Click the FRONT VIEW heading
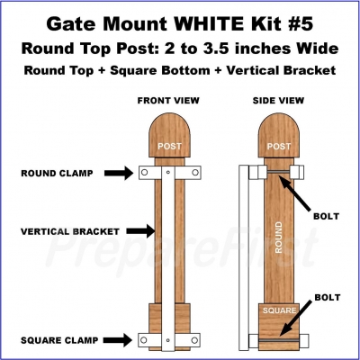tap(168, 101)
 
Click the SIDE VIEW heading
tap(278, 101)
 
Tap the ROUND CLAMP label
tap(57, 173)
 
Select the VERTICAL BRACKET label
tap(70, 231)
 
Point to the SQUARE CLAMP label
tap(59, 340)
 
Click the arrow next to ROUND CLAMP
tap(119, 173)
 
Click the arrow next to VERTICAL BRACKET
tap(140, 231)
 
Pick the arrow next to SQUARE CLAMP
tap(118, 340)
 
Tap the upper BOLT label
tap(326, 216)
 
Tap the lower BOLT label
tap(328, 297)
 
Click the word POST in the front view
tap(169, 146)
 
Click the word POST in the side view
tap(279, 146)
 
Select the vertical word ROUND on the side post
tap(279, 238)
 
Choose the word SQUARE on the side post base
tap(279, 310)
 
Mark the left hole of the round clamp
tap(145, 173)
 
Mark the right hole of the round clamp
tap(195, 173)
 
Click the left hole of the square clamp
tap(144, 340)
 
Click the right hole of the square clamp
tap(195, 340)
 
